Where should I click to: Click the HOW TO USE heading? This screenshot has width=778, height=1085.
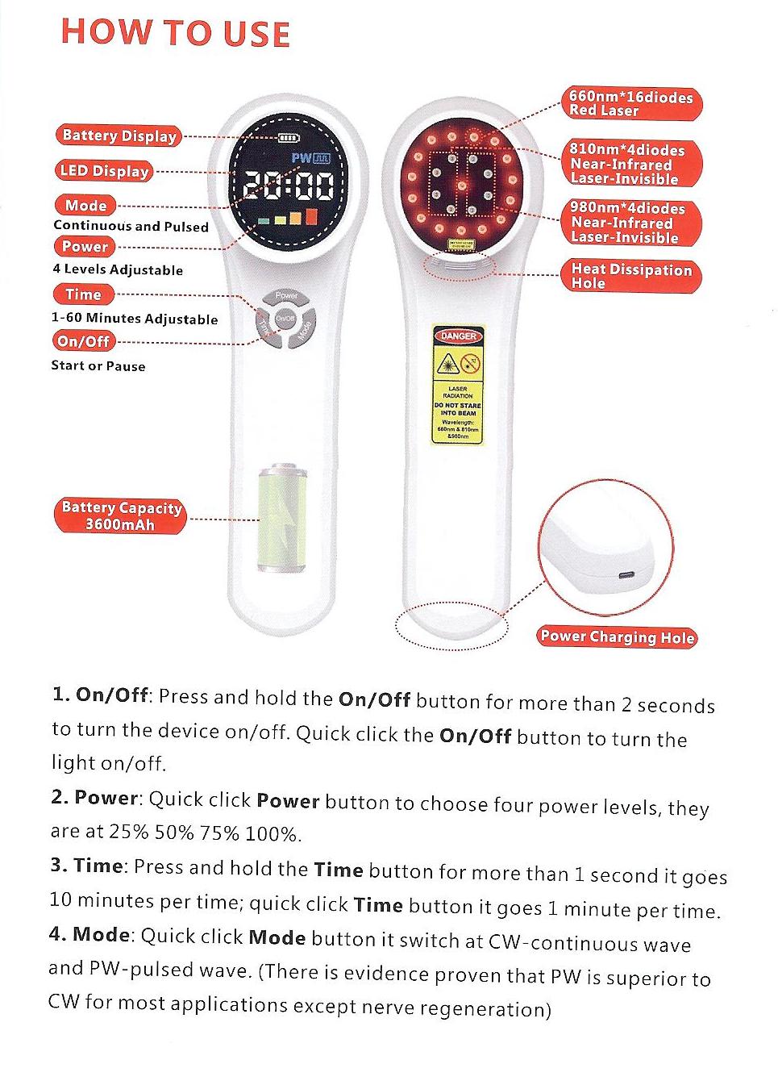click(175, 33)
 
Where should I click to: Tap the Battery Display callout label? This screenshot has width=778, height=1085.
click(119, 136)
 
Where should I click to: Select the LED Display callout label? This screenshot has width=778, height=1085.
click(104, 170)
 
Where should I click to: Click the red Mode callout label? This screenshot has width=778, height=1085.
click(85, 205)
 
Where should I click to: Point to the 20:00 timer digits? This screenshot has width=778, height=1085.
click(289, 186)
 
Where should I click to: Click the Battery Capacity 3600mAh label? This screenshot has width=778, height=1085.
click(121, 516)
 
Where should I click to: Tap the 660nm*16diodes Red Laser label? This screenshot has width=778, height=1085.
click(630, 104)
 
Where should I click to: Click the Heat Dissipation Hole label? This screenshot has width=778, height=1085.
click(630, 276)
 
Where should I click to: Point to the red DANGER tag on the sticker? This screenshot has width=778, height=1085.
click(458, 336)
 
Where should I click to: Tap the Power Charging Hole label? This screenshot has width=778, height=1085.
click(617, 636)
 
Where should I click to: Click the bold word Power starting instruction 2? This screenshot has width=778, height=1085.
click(106, 798)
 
